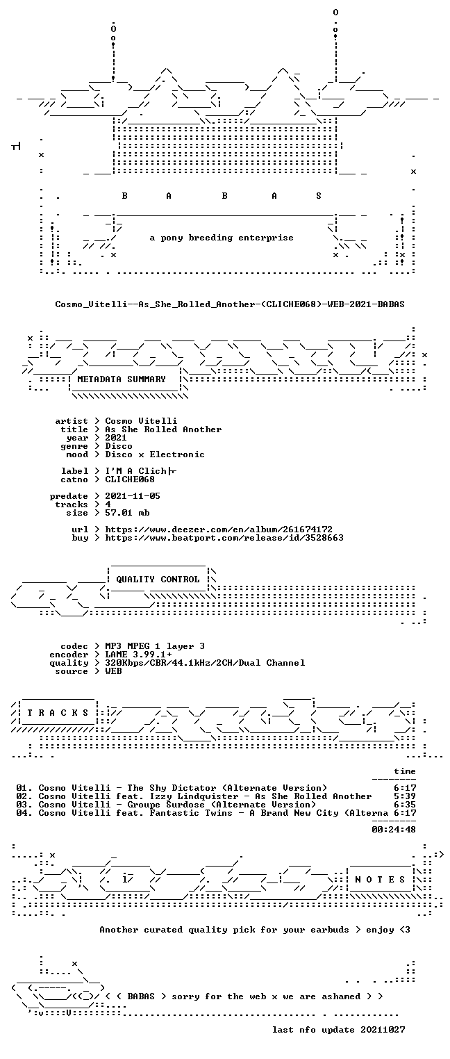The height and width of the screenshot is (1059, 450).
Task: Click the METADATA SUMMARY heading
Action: pos(122,379)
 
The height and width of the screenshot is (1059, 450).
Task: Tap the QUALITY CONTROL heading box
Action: pos(158,579)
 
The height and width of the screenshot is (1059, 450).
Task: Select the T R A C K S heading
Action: pos(58,713)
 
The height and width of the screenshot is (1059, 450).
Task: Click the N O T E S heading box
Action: pos(380,879)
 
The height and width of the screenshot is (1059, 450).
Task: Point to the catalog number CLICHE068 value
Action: pos(130,479)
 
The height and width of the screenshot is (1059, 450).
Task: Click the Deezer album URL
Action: pos(218,529)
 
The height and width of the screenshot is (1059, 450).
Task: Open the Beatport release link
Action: pos(224,538)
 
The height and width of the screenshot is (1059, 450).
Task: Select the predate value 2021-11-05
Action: pos(133,496)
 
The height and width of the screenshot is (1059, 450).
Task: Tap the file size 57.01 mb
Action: pos(127,513)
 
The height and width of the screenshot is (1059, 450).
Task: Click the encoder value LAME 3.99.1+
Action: pos(138,655)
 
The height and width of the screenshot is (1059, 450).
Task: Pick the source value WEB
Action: pos(113,671)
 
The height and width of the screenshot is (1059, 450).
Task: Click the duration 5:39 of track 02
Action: pos(405,796)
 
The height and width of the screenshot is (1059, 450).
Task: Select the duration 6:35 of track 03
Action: pos(405,804)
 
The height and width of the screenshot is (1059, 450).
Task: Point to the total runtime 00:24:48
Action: pos(394,829)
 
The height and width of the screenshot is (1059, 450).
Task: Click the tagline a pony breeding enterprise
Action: pos(222,238)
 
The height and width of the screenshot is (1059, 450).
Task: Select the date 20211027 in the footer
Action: pos(383,1029)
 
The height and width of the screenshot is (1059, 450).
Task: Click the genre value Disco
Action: pos(119,446)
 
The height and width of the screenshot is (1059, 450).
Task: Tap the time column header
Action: pos(405,771)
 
